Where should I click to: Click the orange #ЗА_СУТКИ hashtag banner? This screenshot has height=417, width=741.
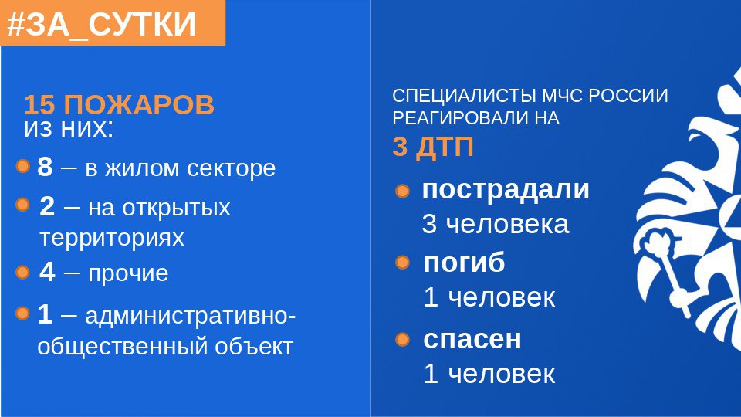[113, 22]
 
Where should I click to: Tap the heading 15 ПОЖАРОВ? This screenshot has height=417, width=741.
[119, 104]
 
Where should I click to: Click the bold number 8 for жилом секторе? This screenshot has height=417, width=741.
[45, 167]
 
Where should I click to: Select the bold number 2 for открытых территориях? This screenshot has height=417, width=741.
[47, 207]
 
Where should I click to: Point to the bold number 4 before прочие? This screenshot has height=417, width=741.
[47, 272]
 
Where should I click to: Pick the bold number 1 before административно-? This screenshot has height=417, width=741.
[45, 314]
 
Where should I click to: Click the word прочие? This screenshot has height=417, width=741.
[128, 273]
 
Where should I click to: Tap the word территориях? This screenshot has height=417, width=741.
[111, 238]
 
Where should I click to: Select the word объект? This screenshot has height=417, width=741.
[254, 347]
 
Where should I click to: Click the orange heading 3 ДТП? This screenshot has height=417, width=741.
[433, 147]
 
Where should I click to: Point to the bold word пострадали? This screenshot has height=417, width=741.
[506, 190]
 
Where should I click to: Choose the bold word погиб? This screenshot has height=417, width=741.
[464, 262]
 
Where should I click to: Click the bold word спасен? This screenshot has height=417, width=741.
[472, 340]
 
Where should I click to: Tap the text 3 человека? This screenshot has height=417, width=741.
[496, 224]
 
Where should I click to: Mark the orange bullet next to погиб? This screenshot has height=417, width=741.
[402, 263]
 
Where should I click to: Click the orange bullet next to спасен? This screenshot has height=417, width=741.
[402, 340]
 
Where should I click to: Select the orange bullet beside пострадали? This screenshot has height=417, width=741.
[402, 191]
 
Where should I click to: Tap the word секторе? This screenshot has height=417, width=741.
[231, 168]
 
